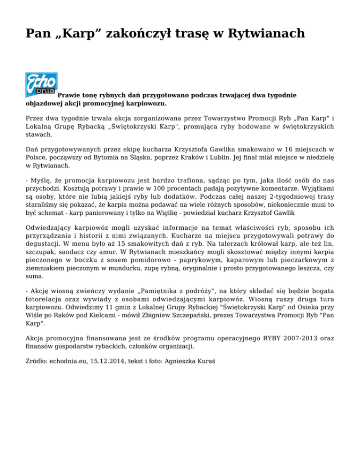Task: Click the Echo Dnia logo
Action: coord(41,84)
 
